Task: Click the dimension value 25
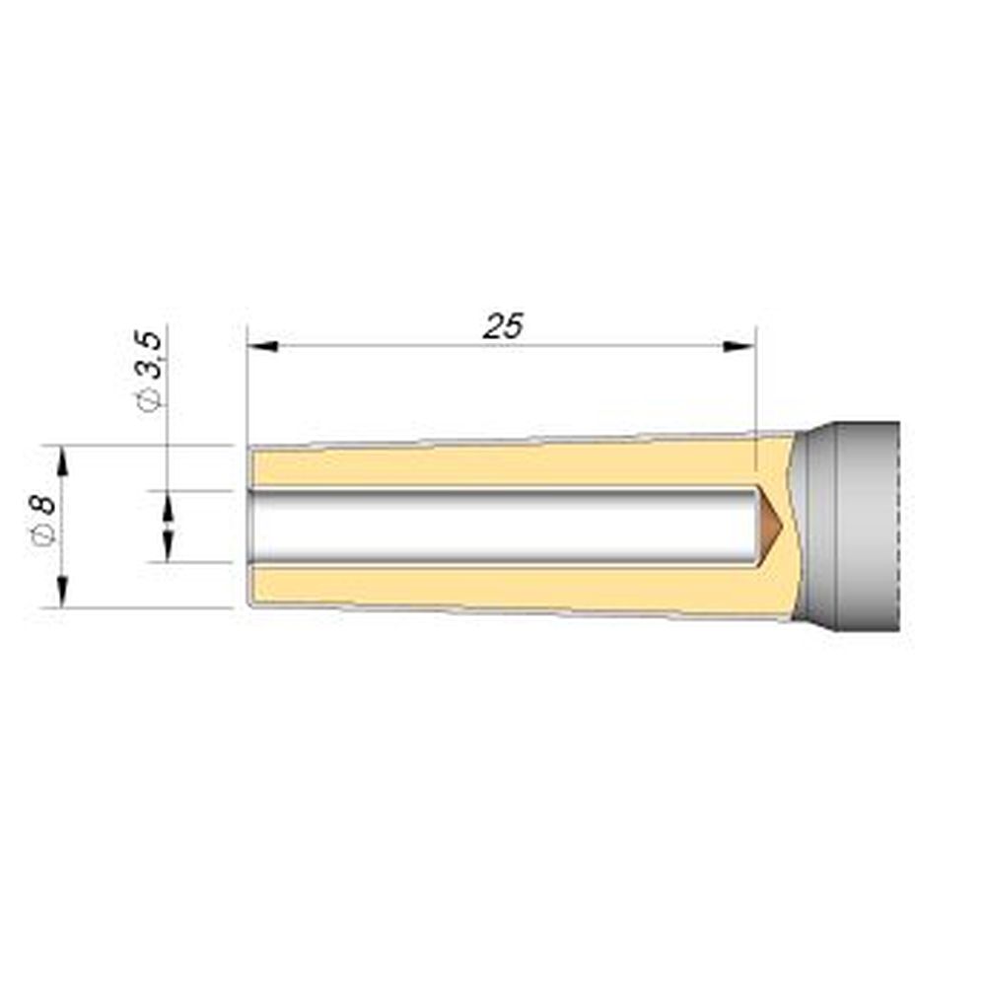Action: click(503, 325)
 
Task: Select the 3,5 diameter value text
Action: click(152, 355)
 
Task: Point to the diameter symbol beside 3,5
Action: click(152, 398)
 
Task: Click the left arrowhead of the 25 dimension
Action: click(263, 346)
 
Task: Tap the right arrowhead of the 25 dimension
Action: click(739, 346)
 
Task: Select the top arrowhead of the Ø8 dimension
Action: click(62, 461)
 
